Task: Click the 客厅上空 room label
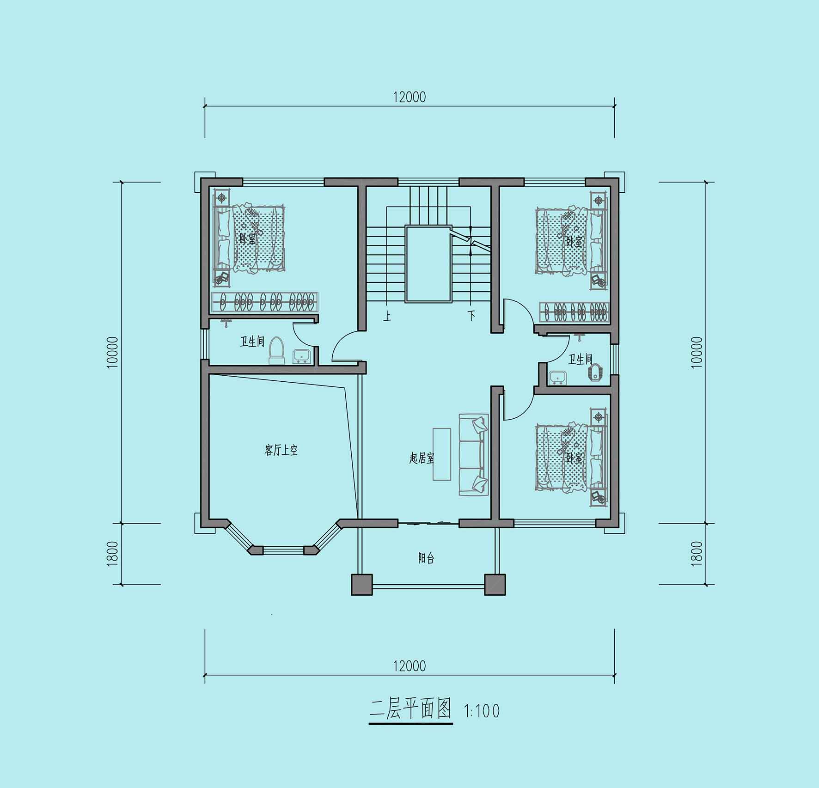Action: point(281,450)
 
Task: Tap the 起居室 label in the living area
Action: point(422,458)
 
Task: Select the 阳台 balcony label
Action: point(426,558)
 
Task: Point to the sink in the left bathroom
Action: point(302,356)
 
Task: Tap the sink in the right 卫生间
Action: point(558,378)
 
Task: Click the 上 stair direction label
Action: point(387,317)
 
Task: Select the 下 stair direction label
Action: point(471,317)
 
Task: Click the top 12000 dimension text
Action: point(409,97)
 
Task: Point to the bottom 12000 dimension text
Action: point(409,666)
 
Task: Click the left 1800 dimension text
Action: point(113,554)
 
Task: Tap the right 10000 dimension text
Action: point(697,352)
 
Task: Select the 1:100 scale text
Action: point(482,711)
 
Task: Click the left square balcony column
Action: point(362,585)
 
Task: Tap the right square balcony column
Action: point(495,585)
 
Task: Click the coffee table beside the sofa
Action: point(442,454)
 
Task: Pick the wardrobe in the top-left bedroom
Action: point(265,302)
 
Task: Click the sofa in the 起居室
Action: point(474,455)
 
